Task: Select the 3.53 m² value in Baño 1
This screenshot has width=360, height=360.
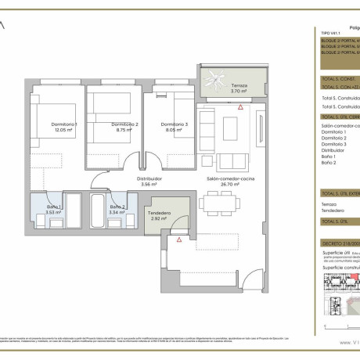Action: pyautogui.click(x=52, y=211)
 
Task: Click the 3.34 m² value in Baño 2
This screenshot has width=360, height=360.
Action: pyautogui.click(x=117, y=211)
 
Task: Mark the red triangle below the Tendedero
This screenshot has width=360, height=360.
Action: pyautogui.click(x=179, y=239)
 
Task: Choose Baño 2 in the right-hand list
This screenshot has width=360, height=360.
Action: pyautogui.click(x=329, y=162)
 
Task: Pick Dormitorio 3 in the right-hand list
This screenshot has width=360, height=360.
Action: pyautogui.click(x=334, y=145)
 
